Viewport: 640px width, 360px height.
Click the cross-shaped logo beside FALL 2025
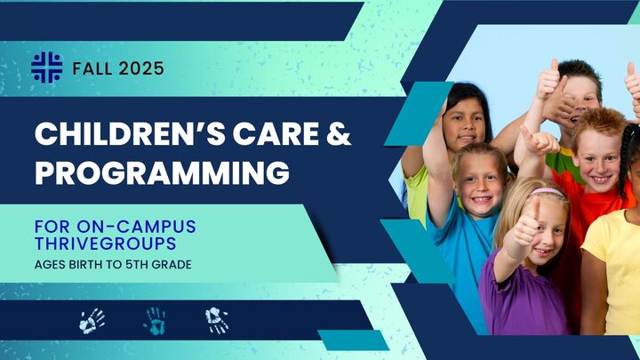click(x=46, y=68)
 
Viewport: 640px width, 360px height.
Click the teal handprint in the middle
click(x=156, y=320)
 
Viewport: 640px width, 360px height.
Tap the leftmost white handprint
click(x=92, y=320)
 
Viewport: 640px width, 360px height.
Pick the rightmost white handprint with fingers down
click(x=217, y=320)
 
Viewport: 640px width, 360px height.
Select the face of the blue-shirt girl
click(x=481, y=183)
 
